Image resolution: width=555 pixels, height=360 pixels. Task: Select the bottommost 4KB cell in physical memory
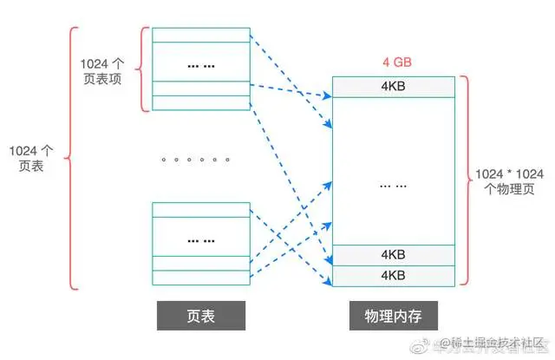[x=393, y=274]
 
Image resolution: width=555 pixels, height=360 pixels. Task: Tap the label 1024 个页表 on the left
[x=29, y=157]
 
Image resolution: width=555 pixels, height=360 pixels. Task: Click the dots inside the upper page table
[x=199, y=65]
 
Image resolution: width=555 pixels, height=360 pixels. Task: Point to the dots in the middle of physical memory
[x=393, y=185]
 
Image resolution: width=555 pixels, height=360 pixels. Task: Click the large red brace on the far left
[x=68, y=157]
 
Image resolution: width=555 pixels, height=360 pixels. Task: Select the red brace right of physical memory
[x=465, y=180]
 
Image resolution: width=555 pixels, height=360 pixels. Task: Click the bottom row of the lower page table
[x=199, y=278]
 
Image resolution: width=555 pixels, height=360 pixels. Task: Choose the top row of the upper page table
[x=199, y=35]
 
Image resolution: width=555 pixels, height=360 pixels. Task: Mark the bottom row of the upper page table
[x=199, y=102]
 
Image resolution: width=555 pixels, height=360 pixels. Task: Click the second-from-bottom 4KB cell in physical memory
[x=393, y=255]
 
